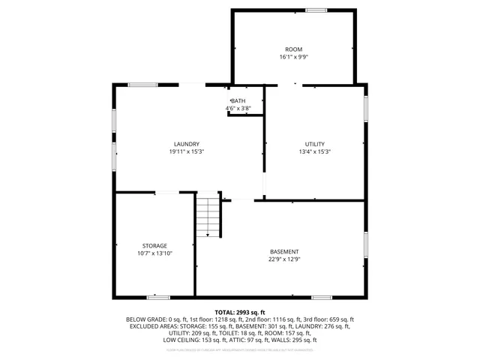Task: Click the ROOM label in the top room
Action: tap(293, 49)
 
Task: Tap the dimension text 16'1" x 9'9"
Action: tap(293, 57)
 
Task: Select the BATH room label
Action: tap(238, 101)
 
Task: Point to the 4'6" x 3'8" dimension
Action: tap(238, 109)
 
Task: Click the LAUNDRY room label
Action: tap(186, 144)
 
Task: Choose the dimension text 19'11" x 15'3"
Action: tap(186, 151)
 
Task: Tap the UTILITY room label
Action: tap(315, 144)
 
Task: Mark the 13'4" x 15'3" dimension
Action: tap(315, 151)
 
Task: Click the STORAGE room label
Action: tap(154, 246)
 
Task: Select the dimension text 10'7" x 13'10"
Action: tap(154, 253)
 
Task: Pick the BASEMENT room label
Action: tap(284, 251)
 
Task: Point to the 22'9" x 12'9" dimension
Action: tap(284, 259)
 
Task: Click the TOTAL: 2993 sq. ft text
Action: tap(240, 312)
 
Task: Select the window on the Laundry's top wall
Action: tap(142, 85)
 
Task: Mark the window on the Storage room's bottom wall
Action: tap(157, 297)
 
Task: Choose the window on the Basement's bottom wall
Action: tap(322, 297)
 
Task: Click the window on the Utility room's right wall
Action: tap(365, 106)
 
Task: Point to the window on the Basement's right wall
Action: tap(365, 245)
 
